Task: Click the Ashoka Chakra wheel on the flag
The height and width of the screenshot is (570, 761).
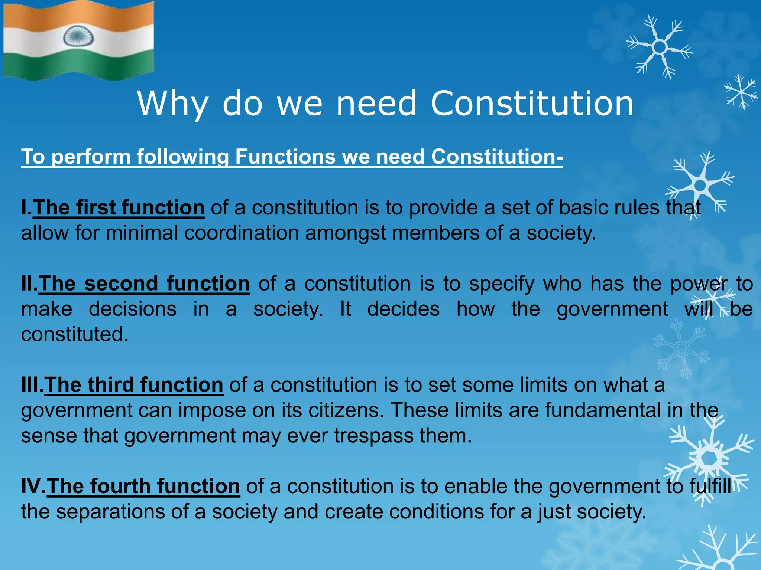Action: click(77, 37)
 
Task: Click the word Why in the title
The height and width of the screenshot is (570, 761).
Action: click(173, 104)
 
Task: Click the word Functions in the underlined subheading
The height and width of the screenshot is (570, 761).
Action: click(285, 157)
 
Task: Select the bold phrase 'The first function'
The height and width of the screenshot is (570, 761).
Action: click(119, 207)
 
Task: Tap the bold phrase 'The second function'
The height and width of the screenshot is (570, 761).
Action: click(144, 284)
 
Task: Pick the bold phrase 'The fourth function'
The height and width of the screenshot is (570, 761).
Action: click(143, 486)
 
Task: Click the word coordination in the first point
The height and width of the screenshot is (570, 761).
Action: click(242, 233)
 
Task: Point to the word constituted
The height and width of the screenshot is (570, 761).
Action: click(74, 334)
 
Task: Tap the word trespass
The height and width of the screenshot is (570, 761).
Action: click(374, 436)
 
